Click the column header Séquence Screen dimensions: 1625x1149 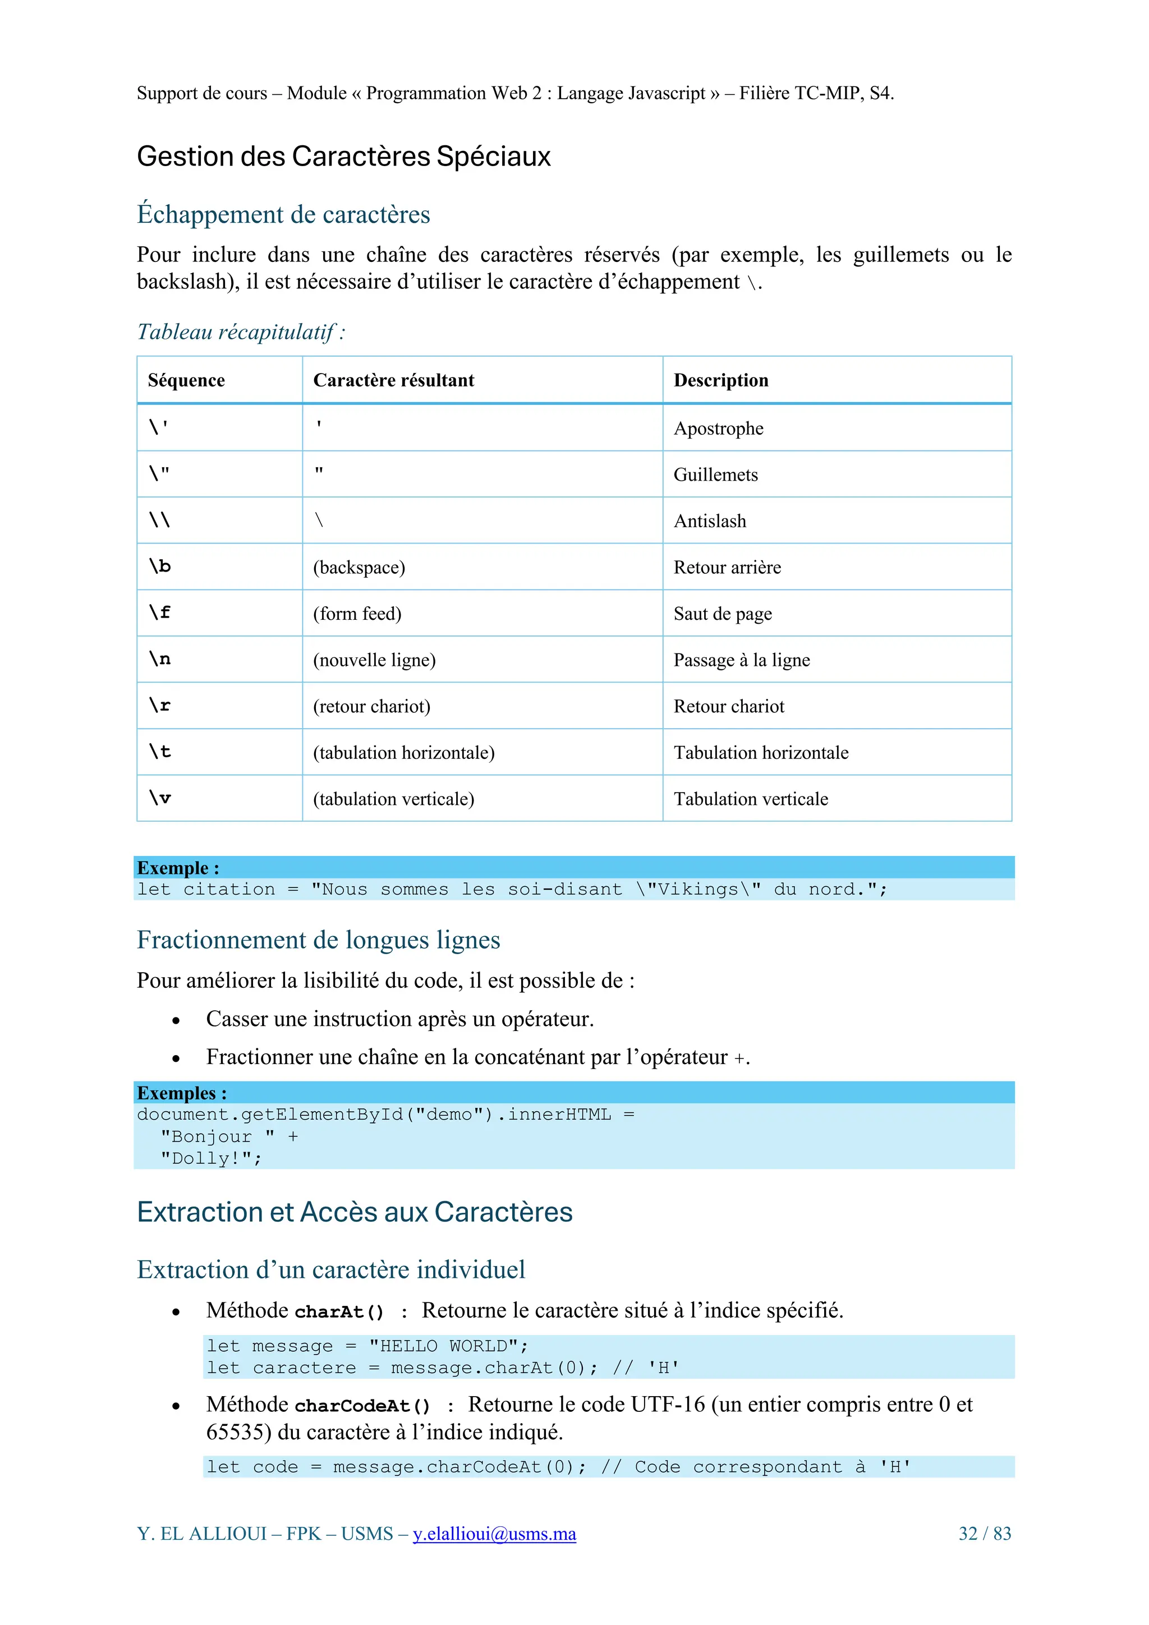186,380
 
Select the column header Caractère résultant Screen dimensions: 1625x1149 394,380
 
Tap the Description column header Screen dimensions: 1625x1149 721,380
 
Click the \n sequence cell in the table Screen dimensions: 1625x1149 160,659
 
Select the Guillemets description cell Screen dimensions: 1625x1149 716,475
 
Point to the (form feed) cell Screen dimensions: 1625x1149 357,614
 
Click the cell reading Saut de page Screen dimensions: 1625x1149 723,614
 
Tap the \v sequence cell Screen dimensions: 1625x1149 160,798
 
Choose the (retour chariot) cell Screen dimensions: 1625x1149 371,706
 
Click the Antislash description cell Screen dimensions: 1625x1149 710,521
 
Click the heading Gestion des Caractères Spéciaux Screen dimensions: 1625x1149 343,156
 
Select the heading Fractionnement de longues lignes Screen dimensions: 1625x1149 319,940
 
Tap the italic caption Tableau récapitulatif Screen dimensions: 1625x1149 241,332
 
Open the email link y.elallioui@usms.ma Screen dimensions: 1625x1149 494,1534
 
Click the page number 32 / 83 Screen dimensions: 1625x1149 985,1534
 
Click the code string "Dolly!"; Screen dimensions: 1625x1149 211,1159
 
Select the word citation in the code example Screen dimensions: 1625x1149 229,890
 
